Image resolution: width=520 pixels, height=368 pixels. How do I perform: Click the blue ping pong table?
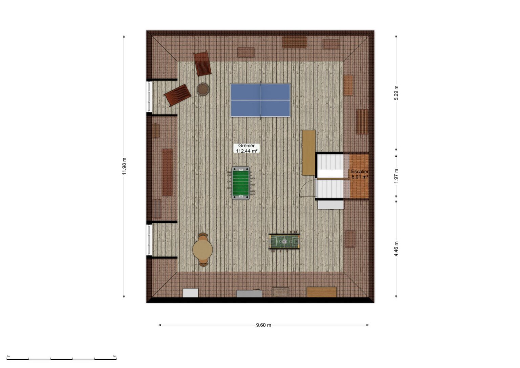point(260,100)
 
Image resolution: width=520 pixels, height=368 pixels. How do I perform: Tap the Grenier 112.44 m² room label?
point(246,148)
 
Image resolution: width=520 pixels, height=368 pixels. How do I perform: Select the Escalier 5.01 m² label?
point(360,174)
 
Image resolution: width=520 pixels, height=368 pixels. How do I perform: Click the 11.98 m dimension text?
point(124,167)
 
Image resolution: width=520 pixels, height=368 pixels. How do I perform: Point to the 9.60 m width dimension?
point(263,325)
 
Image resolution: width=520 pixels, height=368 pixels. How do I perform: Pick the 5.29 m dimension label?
point(396,93)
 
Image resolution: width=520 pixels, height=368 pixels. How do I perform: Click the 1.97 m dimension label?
point(396,176)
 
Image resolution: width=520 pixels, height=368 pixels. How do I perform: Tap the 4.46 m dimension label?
point(396,249)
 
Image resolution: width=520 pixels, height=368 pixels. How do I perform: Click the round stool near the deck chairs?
point(203,89)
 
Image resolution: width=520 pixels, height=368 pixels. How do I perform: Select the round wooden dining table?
point(203,250)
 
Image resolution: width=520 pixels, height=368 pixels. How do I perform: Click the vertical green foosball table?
point(241,183)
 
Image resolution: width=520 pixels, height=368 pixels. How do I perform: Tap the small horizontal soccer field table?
point(284,241)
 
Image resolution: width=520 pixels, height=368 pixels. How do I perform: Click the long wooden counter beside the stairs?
point(309,153)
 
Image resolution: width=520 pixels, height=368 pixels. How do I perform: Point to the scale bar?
point(62,359)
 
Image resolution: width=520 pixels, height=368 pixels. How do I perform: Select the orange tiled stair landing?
point(359,176)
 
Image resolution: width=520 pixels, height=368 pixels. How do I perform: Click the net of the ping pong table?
point(260,100)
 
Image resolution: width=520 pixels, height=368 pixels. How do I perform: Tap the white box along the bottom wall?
point(191,293)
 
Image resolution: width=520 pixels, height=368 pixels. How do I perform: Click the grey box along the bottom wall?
point(249,294)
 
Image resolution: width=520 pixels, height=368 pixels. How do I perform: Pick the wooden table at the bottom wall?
point(322,292)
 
